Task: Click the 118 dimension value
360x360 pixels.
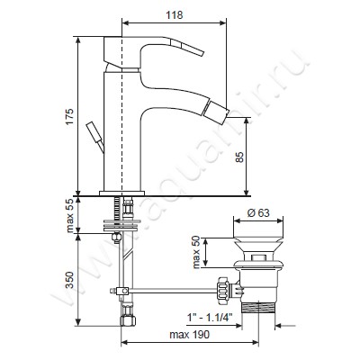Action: (175, 15)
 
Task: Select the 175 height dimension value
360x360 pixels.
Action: (69, 116)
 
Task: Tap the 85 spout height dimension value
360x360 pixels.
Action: (240, 157)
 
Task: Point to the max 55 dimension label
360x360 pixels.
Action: (69, 215)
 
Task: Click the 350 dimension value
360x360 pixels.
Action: (69, 280)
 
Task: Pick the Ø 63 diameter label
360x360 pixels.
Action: (258, 212)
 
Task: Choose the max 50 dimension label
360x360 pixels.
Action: (196, 252)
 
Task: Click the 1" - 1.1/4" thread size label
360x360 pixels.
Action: (210, 317)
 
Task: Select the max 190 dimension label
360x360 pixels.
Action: (190, 335)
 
